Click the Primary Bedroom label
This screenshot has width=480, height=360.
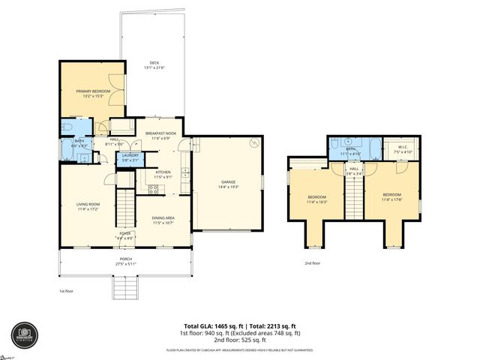pos(93,91)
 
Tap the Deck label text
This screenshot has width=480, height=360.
pos(154,63)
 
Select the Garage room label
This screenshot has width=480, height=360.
pos(227,181)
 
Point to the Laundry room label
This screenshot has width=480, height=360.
pos(130,157)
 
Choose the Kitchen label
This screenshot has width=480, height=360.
pos(163,172)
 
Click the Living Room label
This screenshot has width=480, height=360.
pos(88,204)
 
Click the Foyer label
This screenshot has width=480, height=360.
pos(125,234)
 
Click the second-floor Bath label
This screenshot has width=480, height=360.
pos(350,148)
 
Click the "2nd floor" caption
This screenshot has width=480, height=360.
pos(313,263)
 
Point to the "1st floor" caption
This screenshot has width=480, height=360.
pos(67,291)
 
